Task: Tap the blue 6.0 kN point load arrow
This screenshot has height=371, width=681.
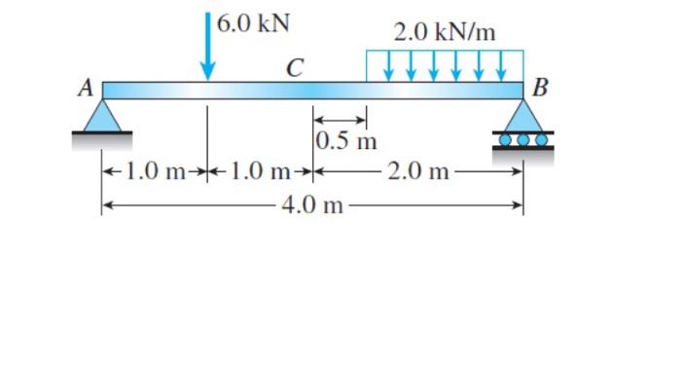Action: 207,49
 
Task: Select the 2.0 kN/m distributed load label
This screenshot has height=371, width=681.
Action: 445,32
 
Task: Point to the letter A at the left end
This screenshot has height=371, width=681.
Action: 86,89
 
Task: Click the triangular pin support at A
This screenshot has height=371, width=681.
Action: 102,117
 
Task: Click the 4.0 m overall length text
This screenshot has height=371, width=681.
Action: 314,205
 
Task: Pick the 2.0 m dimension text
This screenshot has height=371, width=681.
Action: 418,173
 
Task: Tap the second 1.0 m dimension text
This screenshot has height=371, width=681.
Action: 260,173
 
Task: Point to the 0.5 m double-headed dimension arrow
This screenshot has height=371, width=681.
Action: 340,120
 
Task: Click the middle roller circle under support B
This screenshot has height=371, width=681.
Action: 524,138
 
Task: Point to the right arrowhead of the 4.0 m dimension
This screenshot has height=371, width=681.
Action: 519,205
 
